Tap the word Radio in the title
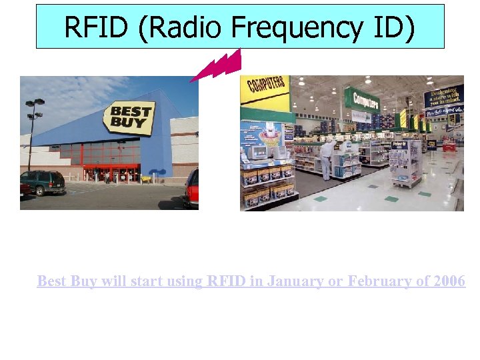[x=184, y=27]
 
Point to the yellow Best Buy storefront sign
[x=128, y=118]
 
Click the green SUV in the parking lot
[x=43, y=181]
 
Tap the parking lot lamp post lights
[x=35, y=107]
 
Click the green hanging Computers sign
[x=363, y=101]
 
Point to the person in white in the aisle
[x=326, y=157]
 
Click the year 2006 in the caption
[x=449, y=281]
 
